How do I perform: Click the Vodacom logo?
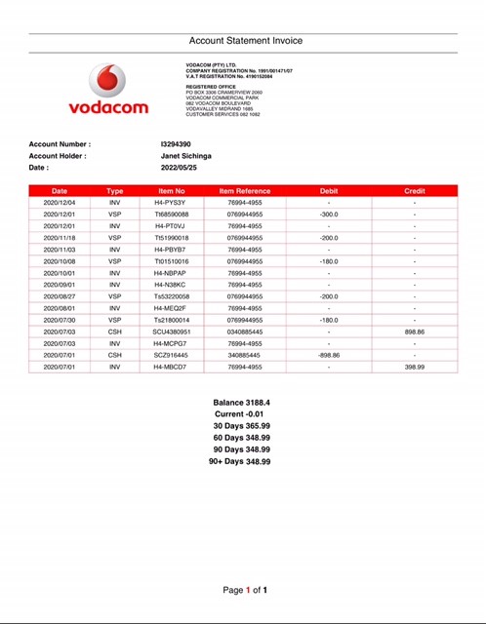tap(118, 90)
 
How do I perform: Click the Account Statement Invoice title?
tap(245, 41)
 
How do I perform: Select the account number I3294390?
tap(176, 144)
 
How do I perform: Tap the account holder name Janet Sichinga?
tap(185, 156)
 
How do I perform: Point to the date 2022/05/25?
tap(179, 168)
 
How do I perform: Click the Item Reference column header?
tap(245, 191)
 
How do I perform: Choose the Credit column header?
tap(415, 191)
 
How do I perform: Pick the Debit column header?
tap(329, 191)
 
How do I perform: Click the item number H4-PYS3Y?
tap(170, 203)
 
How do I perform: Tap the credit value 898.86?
tap(415, 331)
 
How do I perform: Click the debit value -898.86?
tap(329, 355)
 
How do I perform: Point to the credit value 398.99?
tap(415, 367)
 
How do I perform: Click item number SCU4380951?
tap(172, 331)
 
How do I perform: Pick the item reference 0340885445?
tap(245, 331)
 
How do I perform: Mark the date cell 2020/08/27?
tap(60, 296)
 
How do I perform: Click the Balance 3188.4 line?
tap(241, 402)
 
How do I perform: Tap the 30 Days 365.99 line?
tap(241, 426)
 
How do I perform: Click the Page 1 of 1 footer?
tap(245, 590)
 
